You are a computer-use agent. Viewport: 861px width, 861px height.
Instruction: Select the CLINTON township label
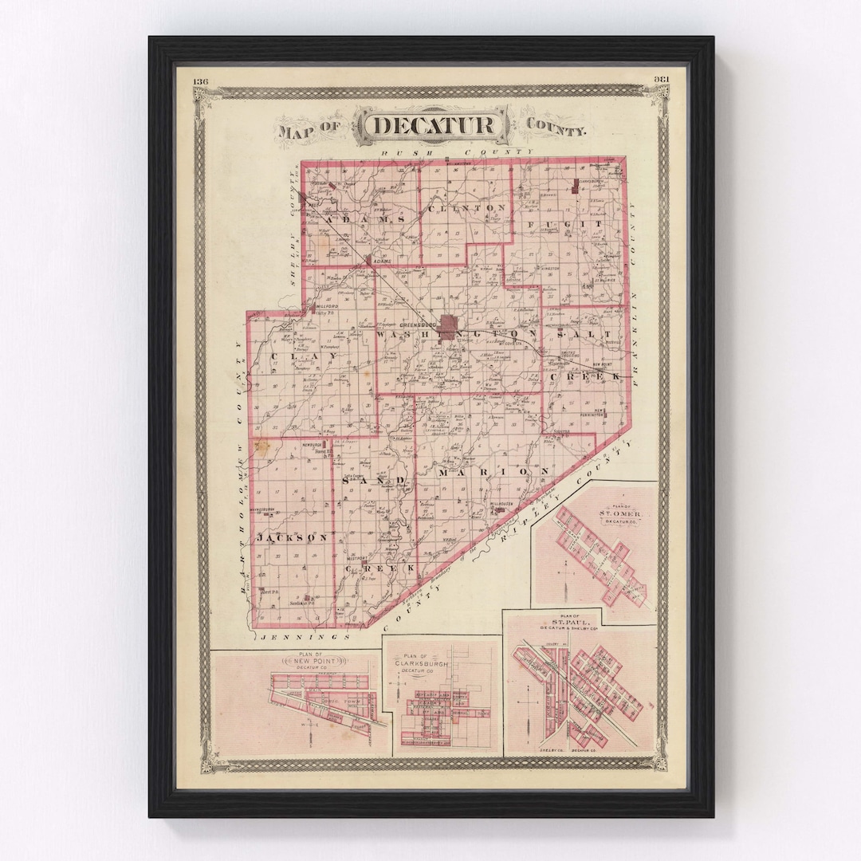pyautogui.click(x=467, y=208)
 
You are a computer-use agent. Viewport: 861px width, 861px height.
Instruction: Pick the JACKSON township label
pyautogui.click(x=292, y=539)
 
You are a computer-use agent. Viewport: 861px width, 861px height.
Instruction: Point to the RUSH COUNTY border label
pyautogui.click(x=456, y=151)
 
